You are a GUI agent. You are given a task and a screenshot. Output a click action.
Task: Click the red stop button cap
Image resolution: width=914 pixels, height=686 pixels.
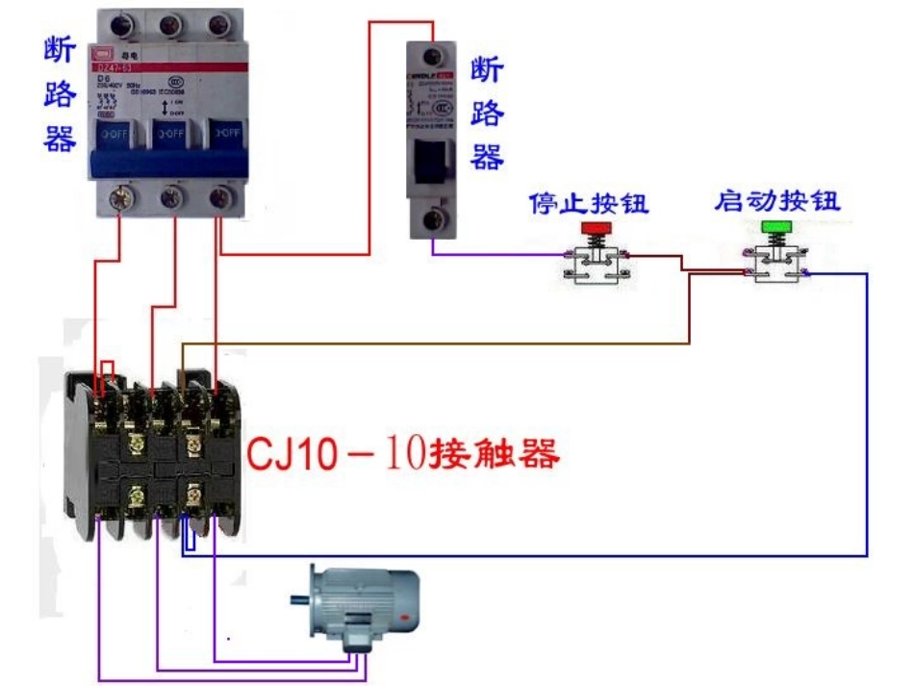pos(597,227)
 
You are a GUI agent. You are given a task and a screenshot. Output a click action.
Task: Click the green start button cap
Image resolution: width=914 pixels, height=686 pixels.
pos(775,227)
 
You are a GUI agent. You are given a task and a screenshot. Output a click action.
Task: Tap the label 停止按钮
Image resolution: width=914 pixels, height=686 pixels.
pos(589,203)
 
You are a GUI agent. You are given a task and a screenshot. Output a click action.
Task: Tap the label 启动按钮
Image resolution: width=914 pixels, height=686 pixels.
pos(777,201)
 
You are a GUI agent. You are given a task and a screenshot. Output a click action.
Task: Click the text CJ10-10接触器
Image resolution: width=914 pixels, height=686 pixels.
pos(403,453)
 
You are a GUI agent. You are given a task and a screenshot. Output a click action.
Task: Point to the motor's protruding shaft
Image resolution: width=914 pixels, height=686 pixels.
pos(301,600)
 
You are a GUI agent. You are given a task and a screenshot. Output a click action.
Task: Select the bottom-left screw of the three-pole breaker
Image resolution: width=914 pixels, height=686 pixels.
pos(120,198)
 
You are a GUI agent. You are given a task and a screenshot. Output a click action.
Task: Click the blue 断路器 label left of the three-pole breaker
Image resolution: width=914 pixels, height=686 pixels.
pos(60,96)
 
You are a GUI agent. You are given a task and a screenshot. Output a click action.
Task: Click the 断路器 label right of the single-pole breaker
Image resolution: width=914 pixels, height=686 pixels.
pos(487,114)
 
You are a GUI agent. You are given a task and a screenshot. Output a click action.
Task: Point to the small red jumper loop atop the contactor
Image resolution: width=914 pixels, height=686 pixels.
pos(108,370)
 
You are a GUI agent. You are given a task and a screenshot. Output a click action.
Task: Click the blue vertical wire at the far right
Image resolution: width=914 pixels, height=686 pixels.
pos(866,414)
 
